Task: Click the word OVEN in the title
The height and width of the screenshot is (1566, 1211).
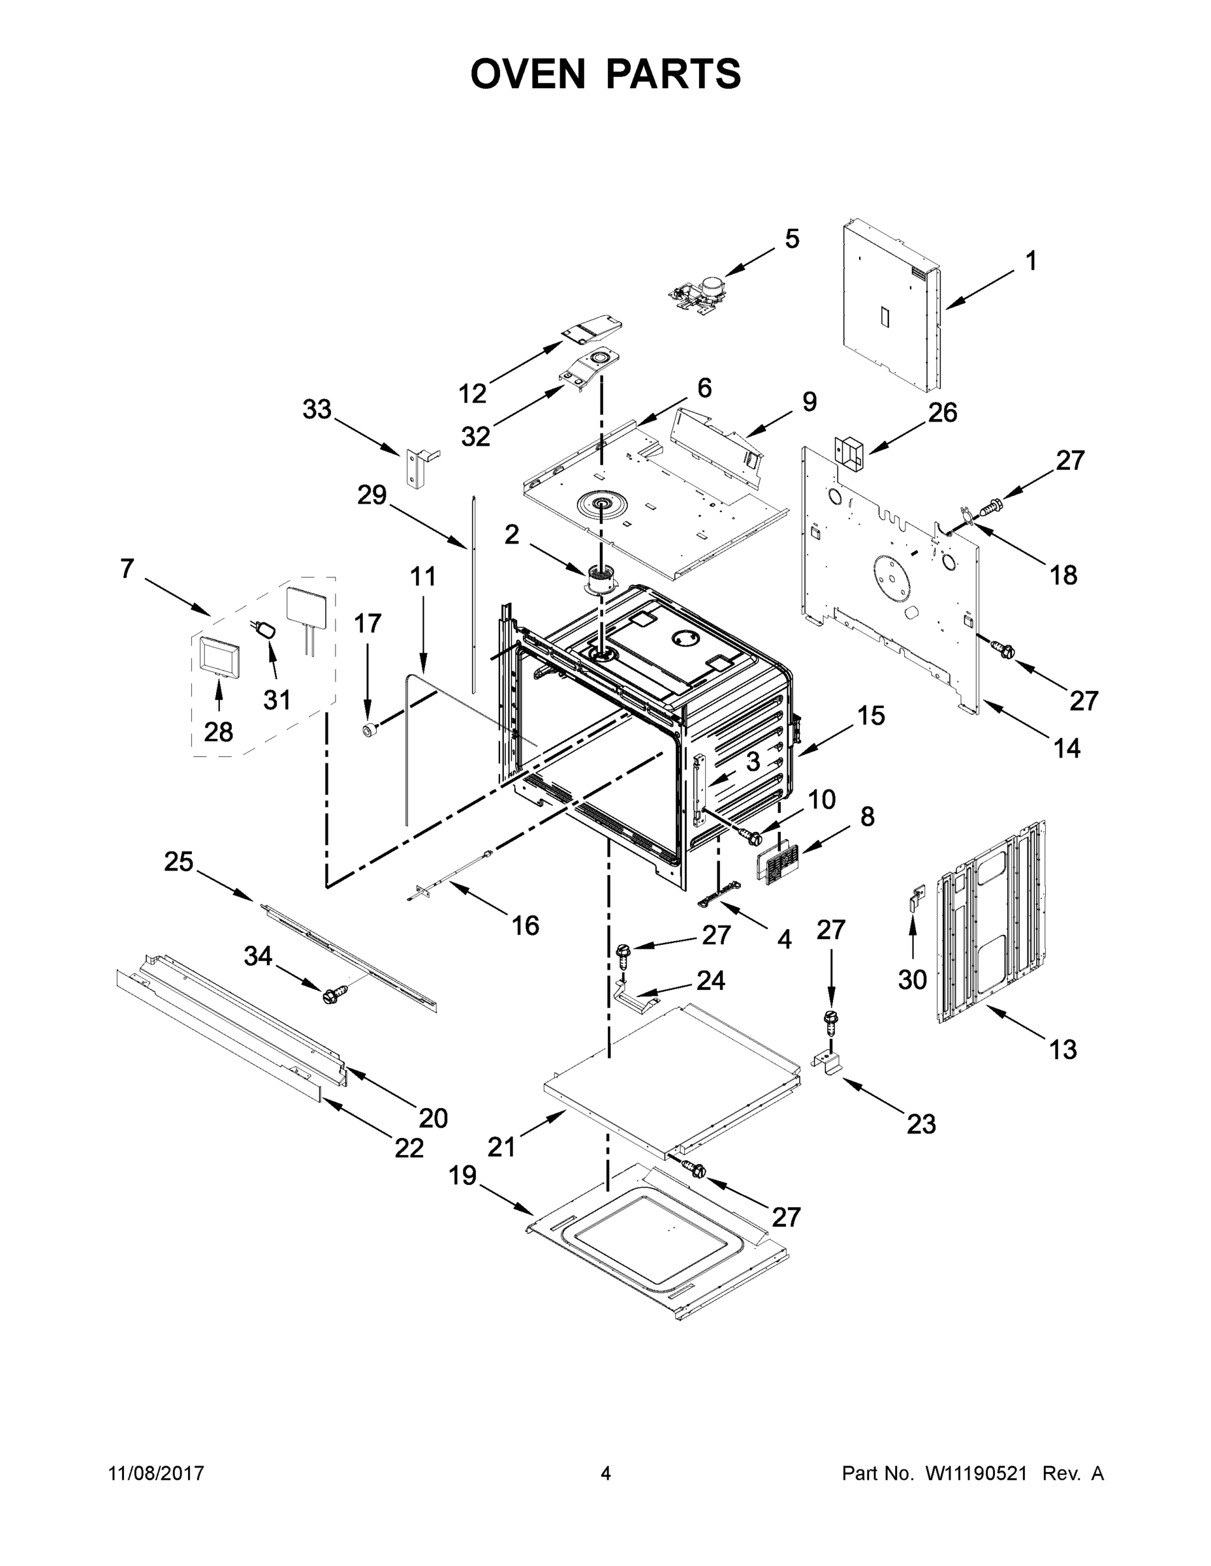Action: point(528,74)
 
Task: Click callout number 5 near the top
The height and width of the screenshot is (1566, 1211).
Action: point(791,239)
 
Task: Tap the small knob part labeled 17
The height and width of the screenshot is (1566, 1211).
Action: point(370,731)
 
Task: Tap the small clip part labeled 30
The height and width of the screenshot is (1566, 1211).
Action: point(915,898)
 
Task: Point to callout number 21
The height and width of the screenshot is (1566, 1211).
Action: point(501,1147)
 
